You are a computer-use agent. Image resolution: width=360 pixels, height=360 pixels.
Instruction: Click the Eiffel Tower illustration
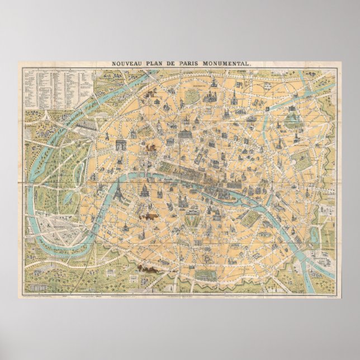(119, 192)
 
